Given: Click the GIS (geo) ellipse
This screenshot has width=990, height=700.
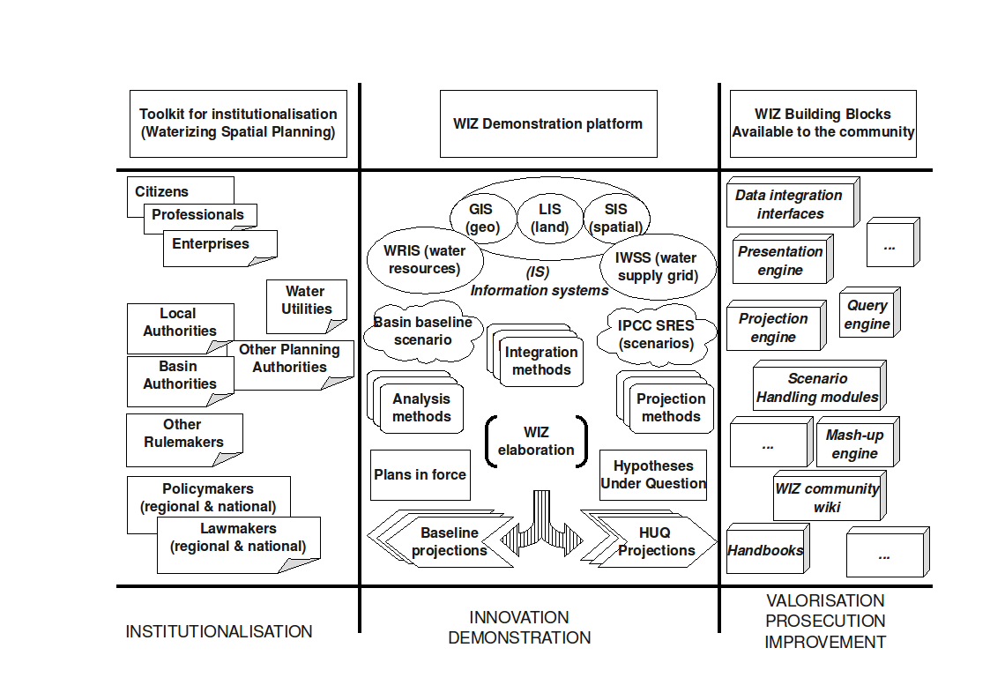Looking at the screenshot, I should click(x=480, y=218).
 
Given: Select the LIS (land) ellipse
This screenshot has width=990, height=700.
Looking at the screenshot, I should click(x=550, y=218).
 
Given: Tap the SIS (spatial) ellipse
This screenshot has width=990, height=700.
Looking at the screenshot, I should click(x=616, y=218).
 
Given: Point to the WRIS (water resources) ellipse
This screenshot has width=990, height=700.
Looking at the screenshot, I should click(x=423, y=259).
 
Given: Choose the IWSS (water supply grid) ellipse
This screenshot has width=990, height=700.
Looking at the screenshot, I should click(x=657, y=266).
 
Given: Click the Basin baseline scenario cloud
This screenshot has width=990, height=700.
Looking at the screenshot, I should click(x=422, y=331).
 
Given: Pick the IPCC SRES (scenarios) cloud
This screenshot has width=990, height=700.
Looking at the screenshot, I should click(x=656, y=334).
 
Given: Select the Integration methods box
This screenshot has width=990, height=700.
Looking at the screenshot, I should click(x=540, y=361).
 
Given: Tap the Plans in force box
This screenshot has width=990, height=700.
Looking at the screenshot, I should click(x=420, y=474).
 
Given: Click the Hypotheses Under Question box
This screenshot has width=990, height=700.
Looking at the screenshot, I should click(x=653, y=474).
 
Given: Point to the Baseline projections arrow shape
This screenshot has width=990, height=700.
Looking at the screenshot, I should click(x=449, y=541).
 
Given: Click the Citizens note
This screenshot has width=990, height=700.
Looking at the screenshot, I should click(x=162, y=191).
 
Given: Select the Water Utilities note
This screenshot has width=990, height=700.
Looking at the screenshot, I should click(x=307, y=301).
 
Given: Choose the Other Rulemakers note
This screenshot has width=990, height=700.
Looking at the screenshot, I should click(x=183, y=434).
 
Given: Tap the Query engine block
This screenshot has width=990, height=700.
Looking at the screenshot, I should click(x=867, y=314).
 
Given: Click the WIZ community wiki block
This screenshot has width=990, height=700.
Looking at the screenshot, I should click(x=827, y=497).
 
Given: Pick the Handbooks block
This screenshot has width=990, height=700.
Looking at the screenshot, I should click(x=764, y=550).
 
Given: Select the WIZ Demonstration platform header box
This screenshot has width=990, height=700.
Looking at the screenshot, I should click(x=547, y=123).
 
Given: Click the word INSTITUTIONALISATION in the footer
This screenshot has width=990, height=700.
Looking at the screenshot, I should click(x=219, y=631).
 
